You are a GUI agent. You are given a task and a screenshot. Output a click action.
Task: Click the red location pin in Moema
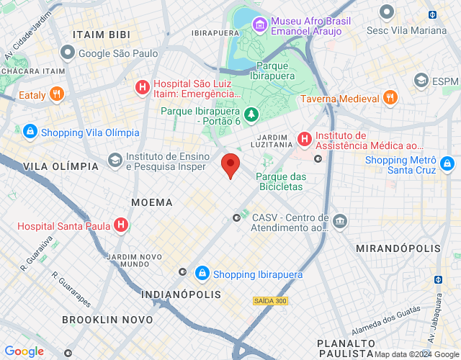[x=230, y=166]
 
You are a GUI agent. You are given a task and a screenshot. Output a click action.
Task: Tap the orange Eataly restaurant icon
[x=58, y=94]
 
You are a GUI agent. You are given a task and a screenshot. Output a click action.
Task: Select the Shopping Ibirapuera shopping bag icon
[x=202, y=274]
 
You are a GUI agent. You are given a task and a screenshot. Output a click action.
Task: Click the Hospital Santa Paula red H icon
[x=121, y=225]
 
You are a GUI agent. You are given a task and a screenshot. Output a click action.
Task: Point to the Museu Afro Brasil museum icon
[x=259, y=24]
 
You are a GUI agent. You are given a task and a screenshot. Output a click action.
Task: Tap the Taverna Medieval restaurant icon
[x=390, y=98]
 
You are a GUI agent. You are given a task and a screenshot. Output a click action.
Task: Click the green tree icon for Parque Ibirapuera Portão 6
[x=251, y=115]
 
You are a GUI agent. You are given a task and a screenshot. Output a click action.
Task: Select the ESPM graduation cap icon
[x=421, y=81]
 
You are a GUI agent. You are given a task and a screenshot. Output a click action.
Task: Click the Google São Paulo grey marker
[x=68, y=53]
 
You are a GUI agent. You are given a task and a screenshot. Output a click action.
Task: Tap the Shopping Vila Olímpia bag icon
[x=30, y=132]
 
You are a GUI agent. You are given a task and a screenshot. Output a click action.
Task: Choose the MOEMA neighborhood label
[x=152, y=202]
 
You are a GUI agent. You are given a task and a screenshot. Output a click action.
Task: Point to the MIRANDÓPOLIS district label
[x=398, y=248]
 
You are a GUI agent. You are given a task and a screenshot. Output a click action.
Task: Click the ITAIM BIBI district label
[x=100, y=35]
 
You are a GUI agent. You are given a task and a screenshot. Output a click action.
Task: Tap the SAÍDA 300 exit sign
[x=270, y=300]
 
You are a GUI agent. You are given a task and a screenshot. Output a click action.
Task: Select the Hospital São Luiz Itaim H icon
[x=143, y=89]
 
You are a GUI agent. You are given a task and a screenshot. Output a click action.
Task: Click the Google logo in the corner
[x=24, y=351]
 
